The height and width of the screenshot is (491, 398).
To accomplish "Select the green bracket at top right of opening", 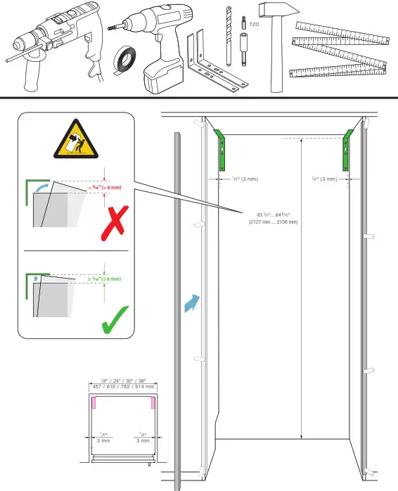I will tap(348, 149).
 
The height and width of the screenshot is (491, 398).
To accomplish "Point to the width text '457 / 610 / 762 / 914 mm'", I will tap(123, 386).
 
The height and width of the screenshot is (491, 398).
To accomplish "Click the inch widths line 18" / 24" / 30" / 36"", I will tap(123, 380).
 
